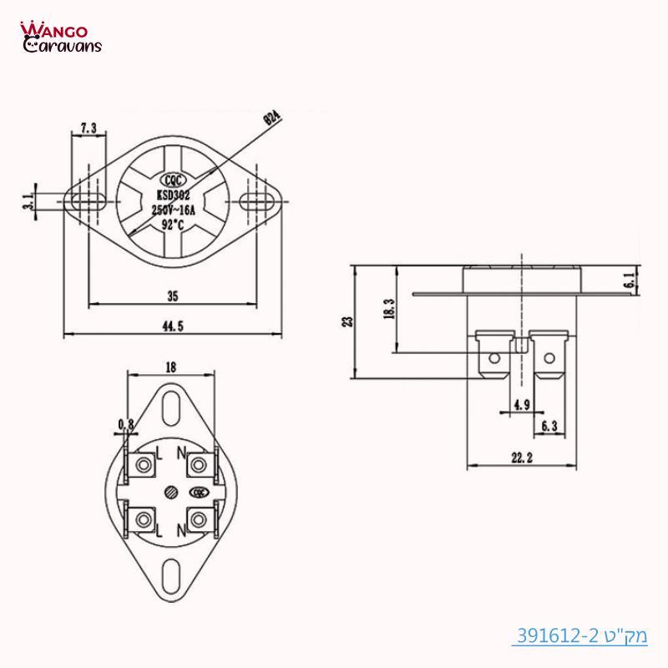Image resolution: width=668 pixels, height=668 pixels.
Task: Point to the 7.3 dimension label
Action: tap(88, 128)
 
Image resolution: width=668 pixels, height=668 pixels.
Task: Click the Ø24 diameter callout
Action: tap(272, 115)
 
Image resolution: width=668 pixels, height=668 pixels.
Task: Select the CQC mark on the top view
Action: tap(174, 178)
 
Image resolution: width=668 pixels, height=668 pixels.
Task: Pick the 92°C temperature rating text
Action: tap(174, 224)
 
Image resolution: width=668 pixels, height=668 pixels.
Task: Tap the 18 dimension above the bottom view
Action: tap(171, 367)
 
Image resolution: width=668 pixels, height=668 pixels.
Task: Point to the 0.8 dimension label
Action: tap(126, 425)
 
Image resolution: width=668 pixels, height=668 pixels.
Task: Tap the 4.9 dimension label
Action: tap(522, 405)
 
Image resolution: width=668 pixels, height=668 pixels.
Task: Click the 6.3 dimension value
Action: tap(549, 426)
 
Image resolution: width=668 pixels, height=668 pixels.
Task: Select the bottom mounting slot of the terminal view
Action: tap(171, 575)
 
